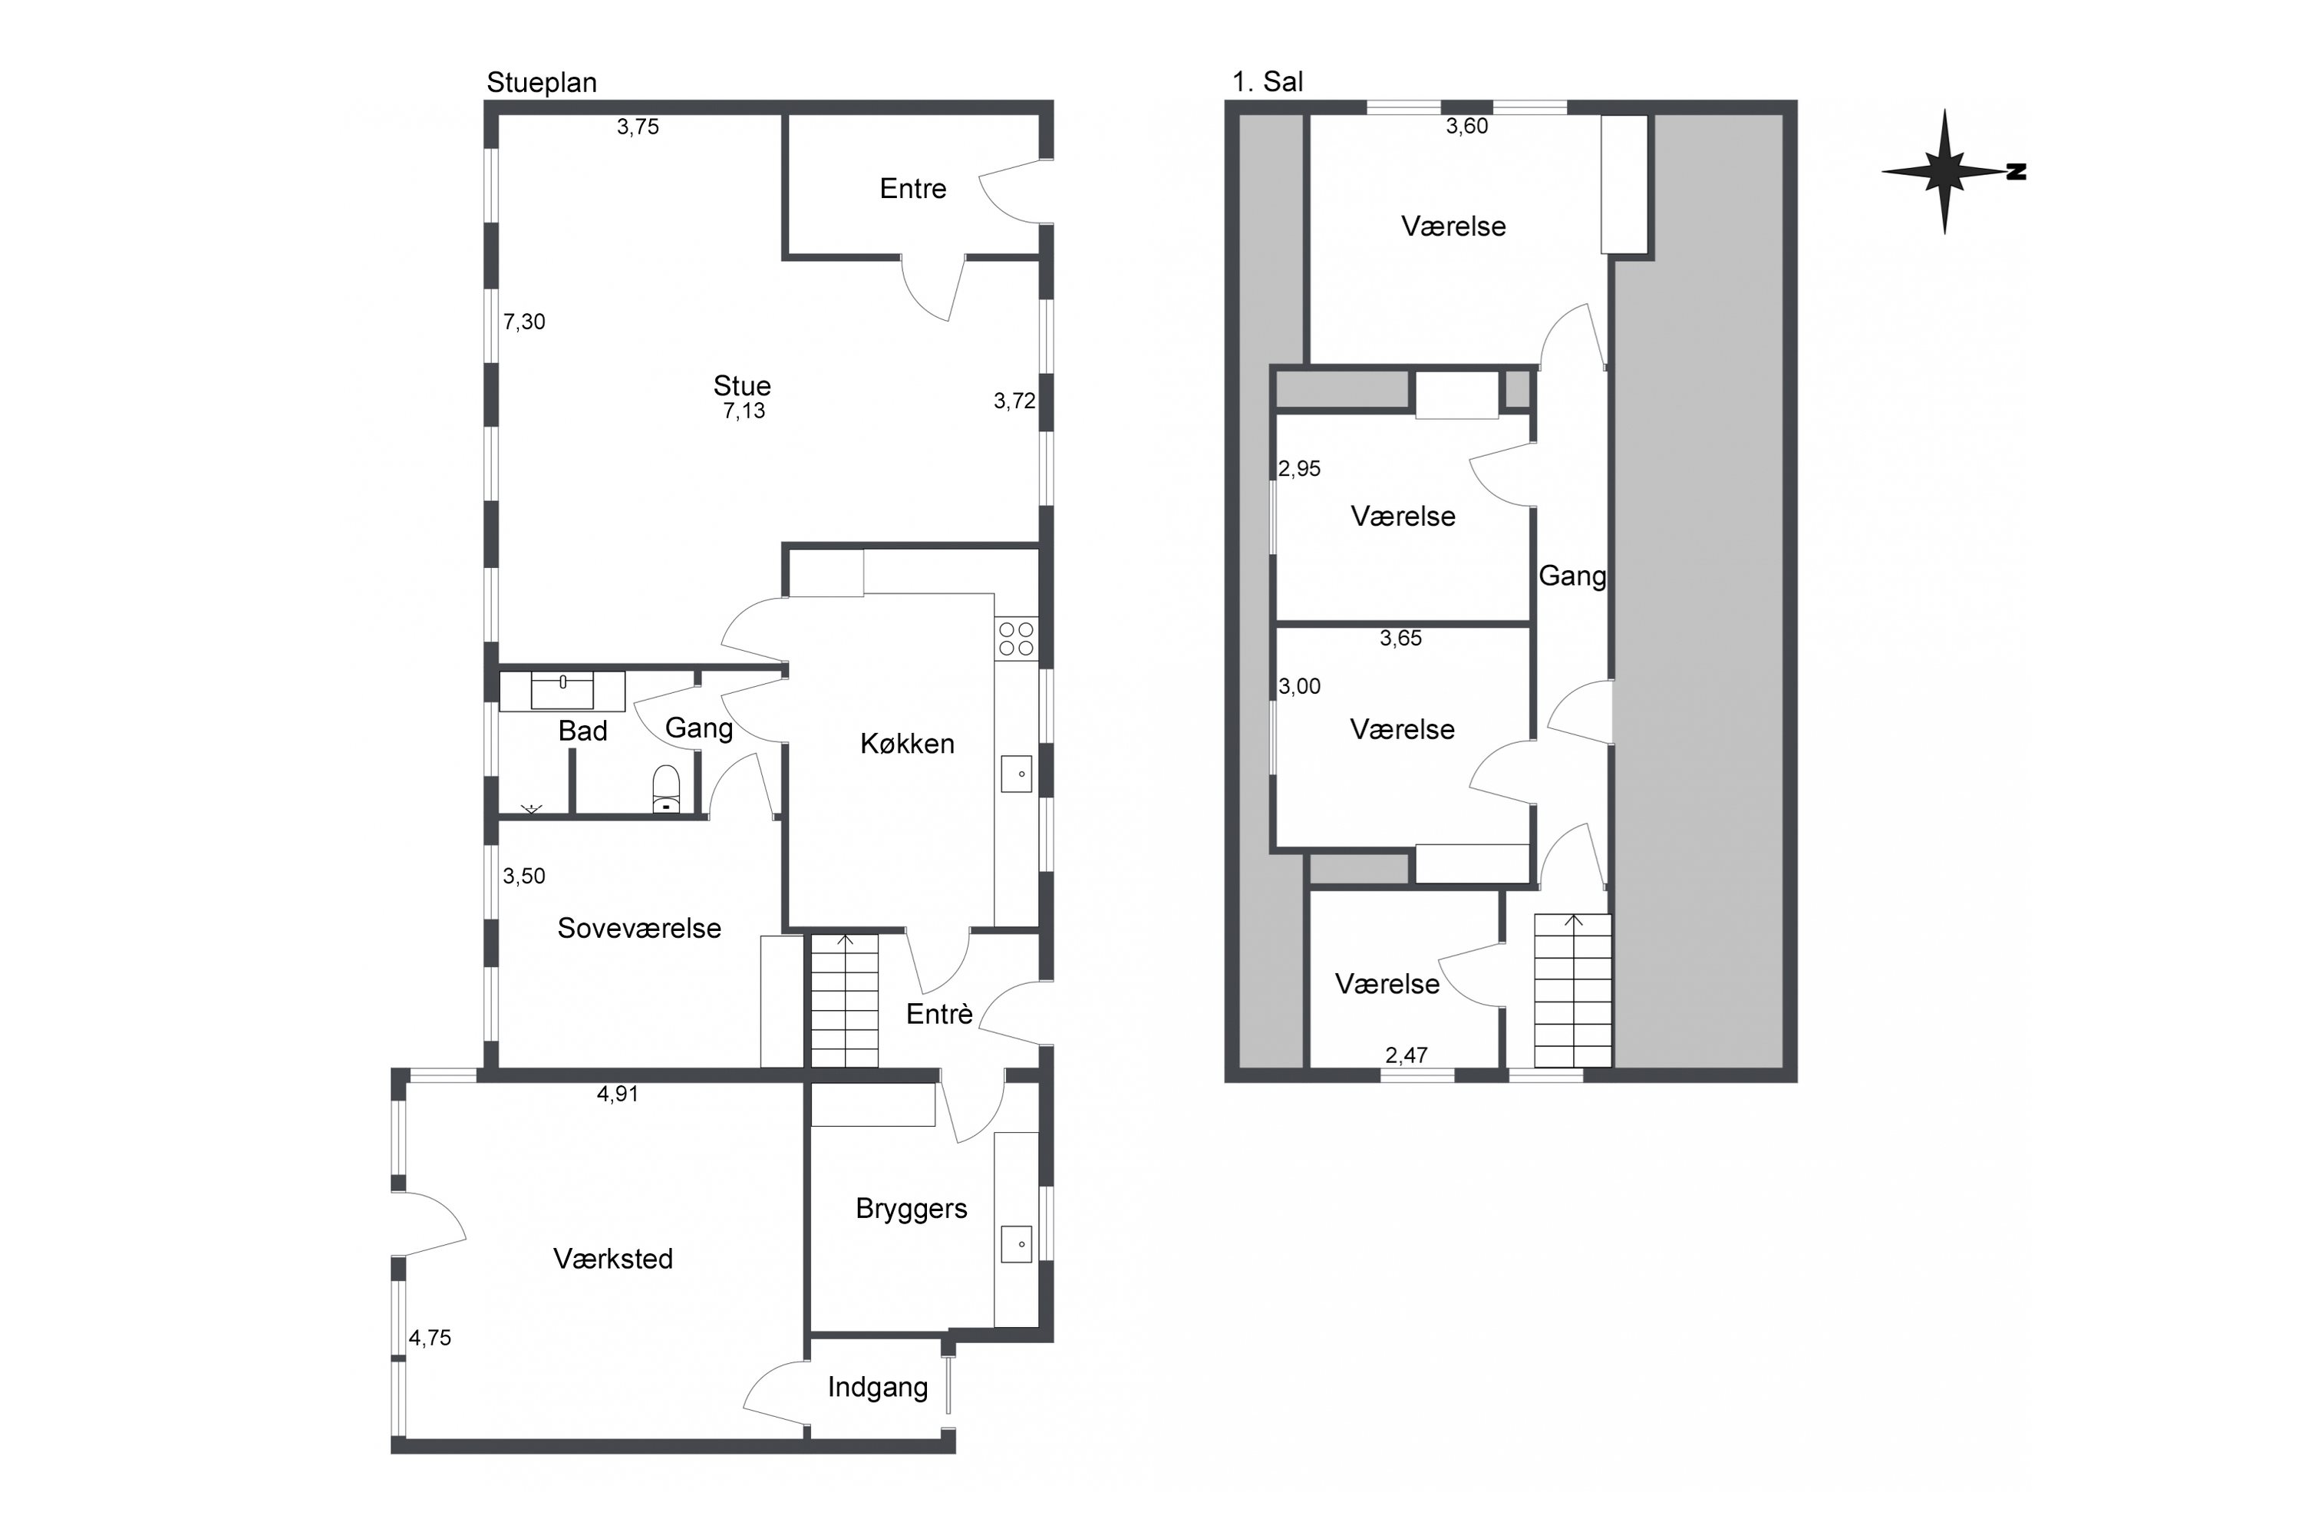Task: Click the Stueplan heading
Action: coord(541,83)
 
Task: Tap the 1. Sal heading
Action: coord(1268,82)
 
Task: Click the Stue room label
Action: coord(742,386)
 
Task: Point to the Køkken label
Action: coord(907,744)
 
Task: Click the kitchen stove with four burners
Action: coord(1016,639)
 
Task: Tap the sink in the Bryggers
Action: coord(1016,1244)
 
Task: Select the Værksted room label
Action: coord(614,1258)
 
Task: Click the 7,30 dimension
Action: coord(525,322)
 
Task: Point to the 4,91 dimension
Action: coord(618,1094)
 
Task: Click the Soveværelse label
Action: coord(639,928)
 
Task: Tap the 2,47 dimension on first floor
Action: coord(1407,1055)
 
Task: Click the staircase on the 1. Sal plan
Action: coord(1573,991)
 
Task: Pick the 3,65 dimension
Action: coord(1400,639)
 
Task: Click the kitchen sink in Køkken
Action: coord(1016,774)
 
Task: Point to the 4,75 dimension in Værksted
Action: coord(430,1339)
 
